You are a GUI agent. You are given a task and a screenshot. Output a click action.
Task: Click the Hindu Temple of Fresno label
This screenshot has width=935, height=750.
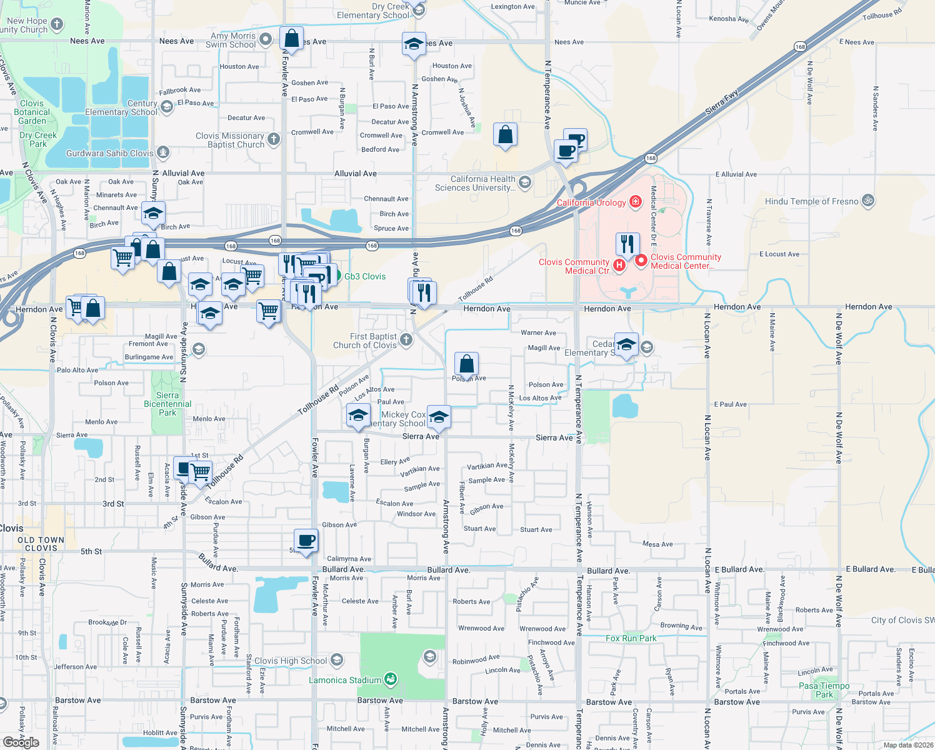pos(811,201)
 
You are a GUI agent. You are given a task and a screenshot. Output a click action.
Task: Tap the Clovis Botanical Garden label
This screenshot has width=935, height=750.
pos(32,112)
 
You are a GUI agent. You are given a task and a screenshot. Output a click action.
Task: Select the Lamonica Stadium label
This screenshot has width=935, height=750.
pos(345,680)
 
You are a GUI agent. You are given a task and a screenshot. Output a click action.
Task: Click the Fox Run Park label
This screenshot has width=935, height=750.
pos(631,638)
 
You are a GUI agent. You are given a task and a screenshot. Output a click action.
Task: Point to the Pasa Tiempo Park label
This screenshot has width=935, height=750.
pos(824,690)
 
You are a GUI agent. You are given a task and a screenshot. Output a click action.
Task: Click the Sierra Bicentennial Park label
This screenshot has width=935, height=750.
pos(167,404)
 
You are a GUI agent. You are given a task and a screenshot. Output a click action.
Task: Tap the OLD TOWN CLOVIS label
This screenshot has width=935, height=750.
pos(41,544)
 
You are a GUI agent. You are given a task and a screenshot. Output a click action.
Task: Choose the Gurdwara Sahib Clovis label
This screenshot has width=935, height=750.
pos(109,153)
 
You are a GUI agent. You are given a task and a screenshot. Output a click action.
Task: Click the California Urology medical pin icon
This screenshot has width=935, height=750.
pos(636,201)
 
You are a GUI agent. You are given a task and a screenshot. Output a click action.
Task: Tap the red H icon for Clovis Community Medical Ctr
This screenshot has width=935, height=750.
pos(619,266)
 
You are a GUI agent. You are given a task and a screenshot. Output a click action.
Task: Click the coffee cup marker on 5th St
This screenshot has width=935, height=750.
pos(306,540)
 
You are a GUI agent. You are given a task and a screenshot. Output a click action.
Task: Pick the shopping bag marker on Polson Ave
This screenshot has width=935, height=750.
pos(466,364)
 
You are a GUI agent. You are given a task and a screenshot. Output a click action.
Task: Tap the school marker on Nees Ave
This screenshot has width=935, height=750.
pos(414,44)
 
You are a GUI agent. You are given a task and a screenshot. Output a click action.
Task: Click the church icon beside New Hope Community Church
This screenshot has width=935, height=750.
pos(57,24)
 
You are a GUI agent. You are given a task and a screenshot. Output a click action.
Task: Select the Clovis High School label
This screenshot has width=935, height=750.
pos(291,661)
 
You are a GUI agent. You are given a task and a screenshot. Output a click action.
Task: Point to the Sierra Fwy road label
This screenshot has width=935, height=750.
pos(722,102)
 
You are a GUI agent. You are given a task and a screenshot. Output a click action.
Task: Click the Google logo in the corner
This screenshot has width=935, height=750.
pos(21,742)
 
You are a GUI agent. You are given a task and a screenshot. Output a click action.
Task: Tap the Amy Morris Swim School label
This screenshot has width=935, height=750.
pos(231,40)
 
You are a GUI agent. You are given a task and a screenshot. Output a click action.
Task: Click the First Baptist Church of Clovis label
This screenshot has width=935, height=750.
pos(366,341)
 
